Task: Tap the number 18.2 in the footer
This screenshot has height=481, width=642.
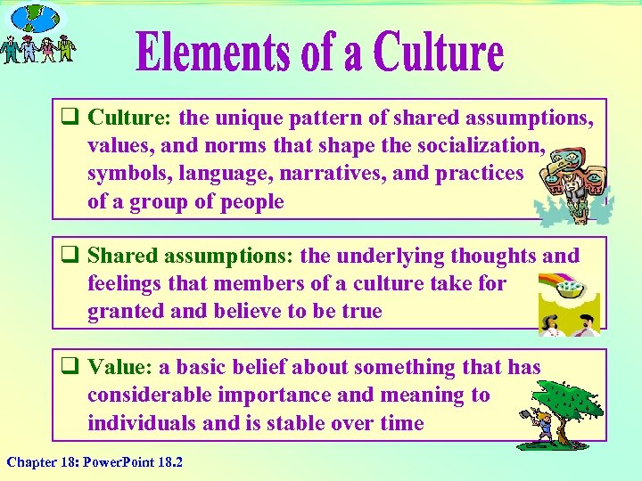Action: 168,462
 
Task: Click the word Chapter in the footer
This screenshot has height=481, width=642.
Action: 30,462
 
